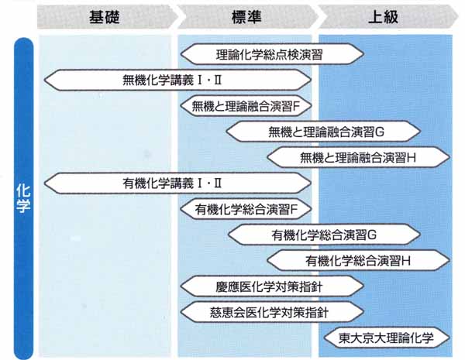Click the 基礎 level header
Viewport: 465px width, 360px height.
[105, 16]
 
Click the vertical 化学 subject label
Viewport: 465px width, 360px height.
[23, 197]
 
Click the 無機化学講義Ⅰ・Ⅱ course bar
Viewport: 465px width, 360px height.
[177, 79]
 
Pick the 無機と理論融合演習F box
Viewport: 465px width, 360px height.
[245, 105]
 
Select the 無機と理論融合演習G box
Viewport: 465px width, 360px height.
[323, 130]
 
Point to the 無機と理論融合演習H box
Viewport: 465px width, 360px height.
[358, 156]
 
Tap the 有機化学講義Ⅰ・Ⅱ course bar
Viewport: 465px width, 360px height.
[177, 183]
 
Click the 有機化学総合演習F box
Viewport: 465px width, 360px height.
[245, 208]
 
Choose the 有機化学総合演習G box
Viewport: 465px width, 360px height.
[323, 234]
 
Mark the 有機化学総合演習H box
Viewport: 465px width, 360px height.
[358, 259]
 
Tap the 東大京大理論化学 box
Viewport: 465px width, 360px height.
[384, 338]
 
